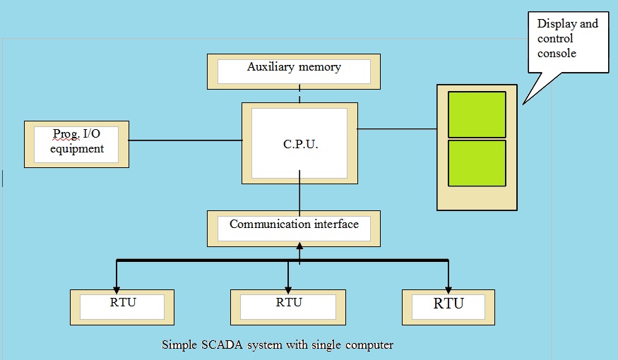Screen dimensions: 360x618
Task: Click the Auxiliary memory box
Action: pos(293,71)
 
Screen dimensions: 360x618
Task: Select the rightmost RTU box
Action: pos(448,306)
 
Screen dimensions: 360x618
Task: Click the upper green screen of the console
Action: pos(477,114)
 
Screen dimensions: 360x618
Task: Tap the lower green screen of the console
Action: pos(477,163)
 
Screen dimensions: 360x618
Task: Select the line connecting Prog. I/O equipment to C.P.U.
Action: pos(185,140)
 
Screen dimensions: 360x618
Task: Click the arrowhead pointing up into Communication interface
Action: pos(299,246)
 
